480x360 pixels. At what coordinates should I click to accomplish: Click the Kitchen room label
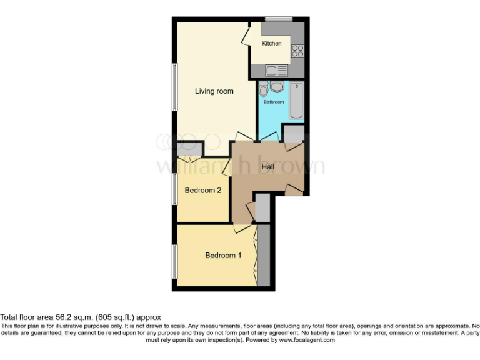[272, 44]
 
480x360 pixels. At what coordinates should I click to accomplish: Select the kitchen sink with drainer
[276, 70]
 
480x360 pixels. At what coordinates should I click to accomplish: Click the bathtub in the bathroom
[296, 101]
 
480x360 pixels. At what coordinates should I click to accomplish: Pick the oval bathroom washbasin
[276, 86]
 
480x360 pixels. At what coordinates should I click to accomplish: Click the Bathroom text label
[273, 102]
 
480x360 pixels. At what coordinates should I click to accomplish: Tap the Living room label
[214, 91]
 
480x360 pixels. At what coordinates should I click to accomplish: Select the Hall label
[268, 167]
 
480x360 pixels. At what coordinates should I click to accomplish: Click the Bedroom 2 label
[203, 191]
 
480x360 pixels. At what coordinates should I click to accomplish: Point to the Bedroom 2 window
[174, 187]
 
